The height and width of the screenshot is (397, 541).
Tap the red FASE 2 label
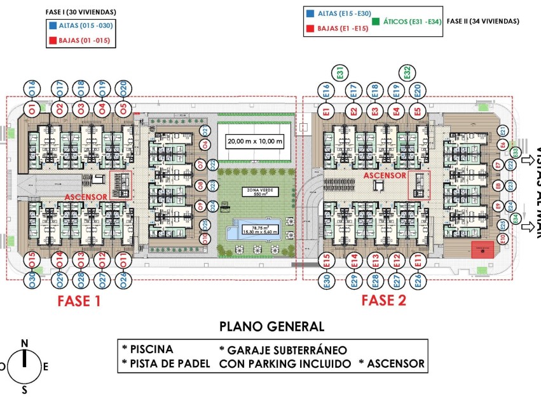(384, 300)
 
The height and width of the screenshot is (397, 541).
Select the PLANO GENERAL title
(271, 327)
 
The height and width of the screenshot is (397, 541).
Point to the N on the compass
(25, 344)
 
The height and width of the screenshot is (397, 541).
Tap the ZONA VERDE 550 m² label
(254, 192)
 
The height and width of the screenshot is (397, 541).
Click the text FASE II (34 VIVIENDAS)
(483, 21)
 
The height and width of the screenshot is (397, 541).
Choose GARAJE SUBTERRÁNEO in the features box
(286, 350)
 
